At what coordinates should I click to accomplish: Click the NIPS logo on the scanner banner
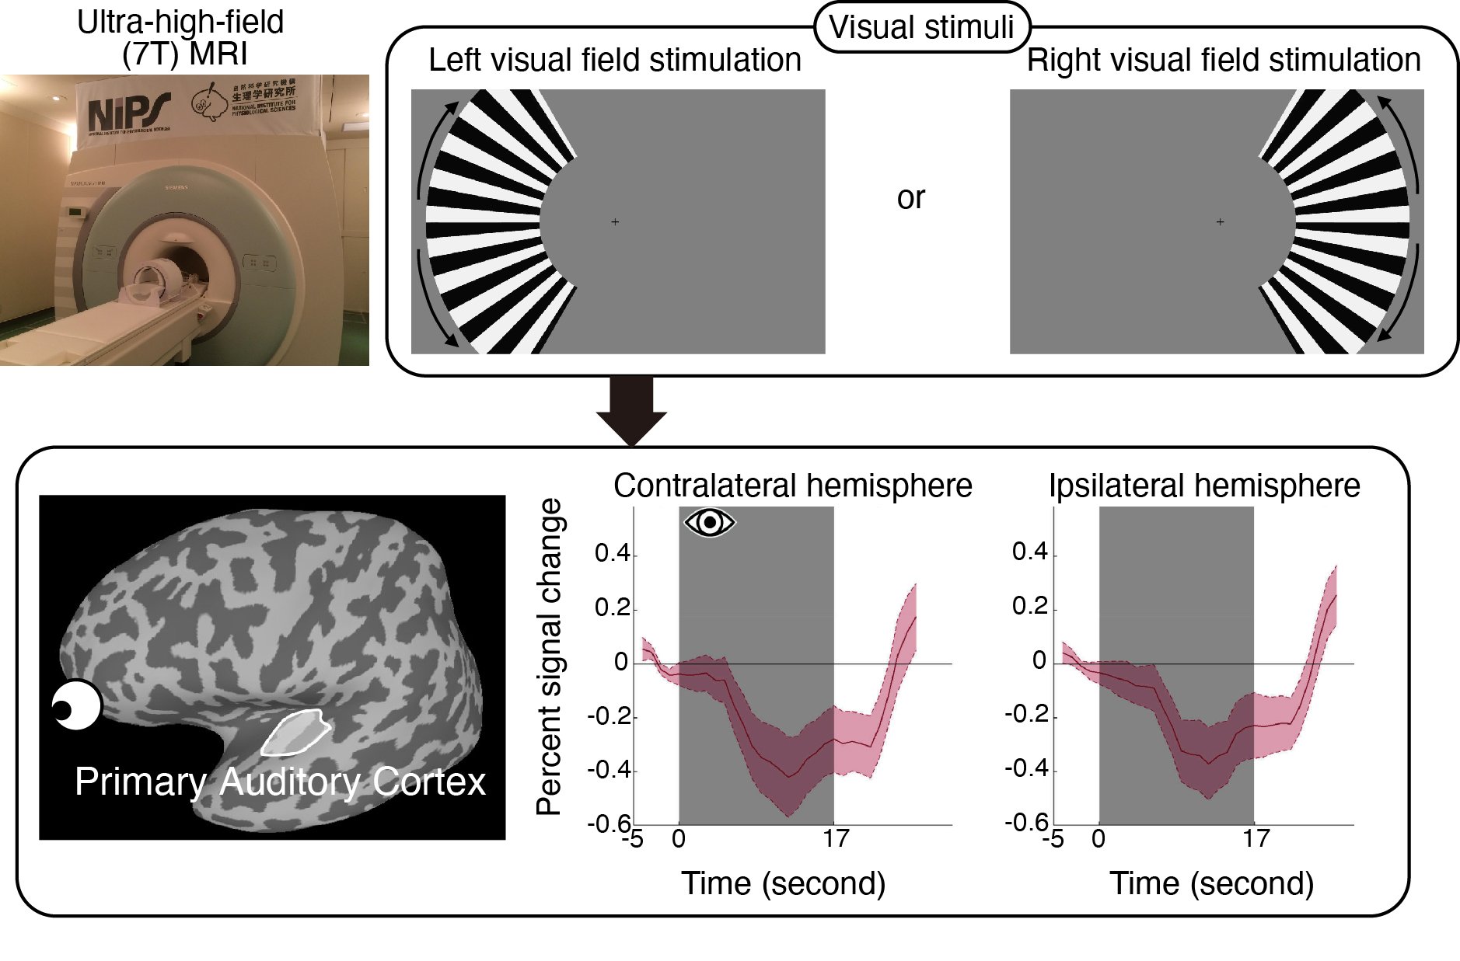pyautogui.click(x=128, y=113)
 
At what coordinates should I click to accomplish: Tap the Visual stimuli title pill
pyautogui.click(x=921, y=27)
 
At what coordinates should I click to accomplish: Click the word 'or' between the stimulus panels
pyautogui.click(x=910, y=198)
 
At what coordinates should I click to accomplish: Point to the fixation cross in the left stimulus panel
pyautogui.click(x=615, y=222)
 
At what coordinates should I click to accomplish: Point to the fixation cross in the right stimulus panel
pyautogui.click(x=1220, y=222)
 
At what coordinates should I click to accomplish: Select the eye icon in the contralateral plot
pyautogui.click(x=709, y=522)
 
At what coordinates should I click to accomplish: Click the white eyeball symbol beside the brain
pyautogui.click(x=76, y=705)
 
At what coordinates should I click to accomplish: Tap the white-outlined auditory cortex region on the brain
pyautogui.click(x=295, y=732)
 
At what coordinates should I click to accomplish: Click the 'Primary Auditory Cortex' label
pyautogui.click(x=280, y=782)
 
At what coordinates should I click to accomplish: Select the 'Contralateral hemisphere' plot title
pyautogui.click(x=792, y=486)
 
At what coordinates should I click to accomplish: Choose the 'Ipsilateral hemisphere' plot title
pyautogui.click(x=1204, y=486)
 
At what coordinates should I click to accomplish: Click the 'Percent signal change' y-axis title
pyautogui.click(x=549, y=656)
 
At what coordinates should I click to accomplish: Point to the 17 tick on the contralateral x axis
pyautogui.click(x=836, y=839)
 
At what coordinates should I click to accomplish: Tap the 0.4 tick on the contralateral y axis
pyautogui.click(x=612, y=554)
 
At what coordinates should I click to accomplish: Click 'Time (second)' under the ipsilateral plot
pyautogui.click(x=1211, y=883)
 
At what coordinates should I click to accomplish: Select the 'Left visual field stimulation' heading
pyautogui.click(x=614, y=60)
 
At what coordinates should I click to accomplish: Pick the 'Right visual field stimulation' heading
pyautogui.click(x=1223, y=60)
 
